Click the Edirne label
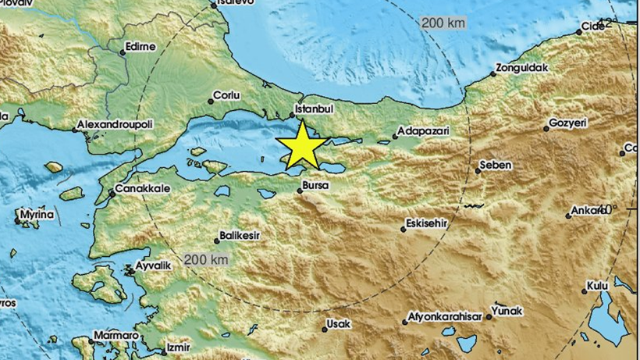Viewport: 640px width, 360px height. tap(140, 46)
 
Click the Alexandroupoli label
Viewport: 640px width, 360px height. tap(113, 125)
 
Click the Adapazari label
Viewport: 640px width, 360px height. tap(423, 131)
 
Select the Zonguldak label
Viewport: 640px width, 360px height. tap(524, 68)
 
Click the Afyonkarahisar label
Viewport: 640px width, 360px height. tap(445, 319)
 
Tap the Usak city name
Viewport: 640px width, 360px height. tap(338, 323)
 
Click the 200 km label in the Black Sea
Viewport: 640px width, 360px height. tap(443, 23)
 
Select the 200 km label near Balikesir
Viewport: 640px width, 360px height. tap(206, 258)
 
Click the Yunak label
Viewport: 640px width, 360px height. tap(508, 311)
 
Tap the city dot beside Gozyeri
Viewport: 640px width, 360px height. tap(546, 128)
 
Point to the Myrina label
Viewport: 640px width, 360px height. tap(37, 214)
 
